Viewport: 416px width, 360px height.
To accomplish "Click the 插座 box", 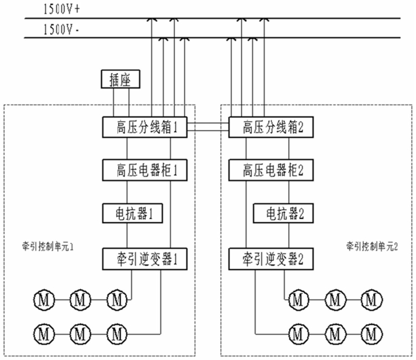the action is point(120,79).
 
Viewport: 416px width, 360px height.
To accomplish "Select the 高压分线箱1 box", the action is point(145,127).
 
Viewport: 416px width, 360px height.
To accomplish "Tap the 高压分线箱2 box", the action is point(271,127).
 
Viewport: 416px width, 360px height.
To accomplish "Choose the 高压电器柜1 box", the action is point(145,170).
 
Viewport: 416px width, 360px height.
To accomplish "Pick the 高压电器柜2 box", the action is point(271,170).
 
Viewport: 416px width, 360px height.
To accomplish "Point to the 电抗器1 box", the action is point(133,213).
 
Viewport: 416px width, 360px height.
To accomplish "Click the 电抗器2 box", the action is point(283,213).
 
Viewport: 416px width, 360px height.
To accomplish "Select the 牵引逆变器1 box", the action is point(145,259).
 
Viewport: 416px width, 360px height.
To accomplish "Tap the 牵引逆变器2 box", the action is point(271,259).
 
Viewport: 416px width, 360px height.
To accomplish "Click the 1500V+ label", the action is point(62,10).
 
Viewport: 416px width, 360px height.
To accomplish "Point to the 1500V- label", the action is point(61,29).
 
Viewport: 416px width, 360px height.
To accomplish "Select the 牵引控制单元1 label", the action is point(48,247).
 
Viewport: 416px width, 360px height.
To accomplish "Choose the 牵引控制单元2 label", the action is point(372,247).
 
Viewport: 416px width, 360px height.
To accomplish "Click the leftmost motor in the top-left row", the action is point(44,300).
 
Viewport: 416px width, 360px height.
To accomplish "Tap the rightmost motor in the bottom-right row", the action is point(372,334).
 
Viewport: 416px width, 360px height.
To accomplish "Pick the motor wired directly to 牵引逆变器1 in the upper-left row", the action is point(117,300).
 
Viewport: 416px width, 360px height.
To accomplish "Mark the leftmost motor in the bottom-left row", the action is point(44,334).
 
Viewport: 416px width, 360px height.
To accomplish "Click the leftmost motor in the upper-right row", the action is point(298,300).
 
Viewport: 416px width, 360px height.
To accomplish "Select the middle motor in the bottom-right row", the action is point(335,334).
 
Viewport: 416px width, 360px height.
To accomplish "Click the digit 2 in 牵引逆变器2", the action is point(300,259).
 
